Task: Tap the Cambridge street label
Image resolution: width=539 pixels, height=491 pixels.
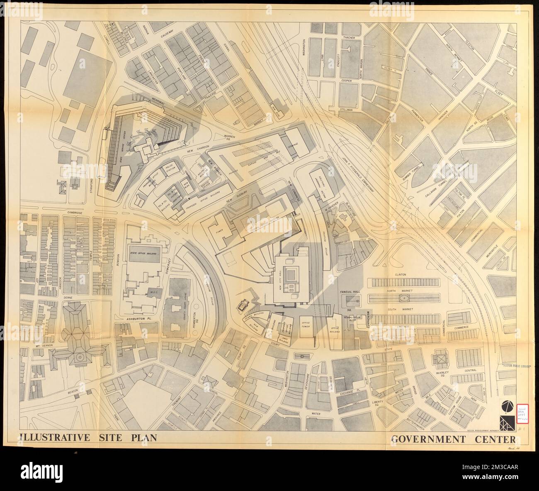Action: pyautogui.click(x=74, y=212)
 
